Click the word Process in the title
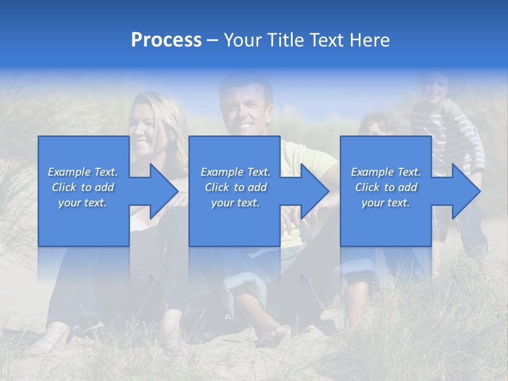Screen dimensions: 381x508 click(x=166, y=40)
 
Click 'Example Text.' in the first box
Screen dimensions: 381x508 click(x=83, y=172)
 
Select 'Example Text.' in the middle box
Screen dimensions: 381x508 click(x=235, y=172)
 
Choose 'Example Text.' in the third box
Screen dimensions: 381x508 click(x=386, y=172)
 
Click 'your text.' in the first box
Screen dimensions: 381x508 click(x=83, y=203)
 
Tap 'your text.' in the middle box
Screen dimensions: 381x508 click(x=235, y=203)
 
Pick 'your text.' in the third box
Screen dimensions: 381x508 click(x=386, y=203)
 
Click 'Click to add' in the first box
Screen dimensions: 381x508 click(x=83, y=187)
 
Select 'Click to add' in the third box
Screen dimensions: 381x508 click(x=386, y=187)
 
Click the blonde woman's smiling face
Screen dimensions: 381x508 click(x=143, y=130)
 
